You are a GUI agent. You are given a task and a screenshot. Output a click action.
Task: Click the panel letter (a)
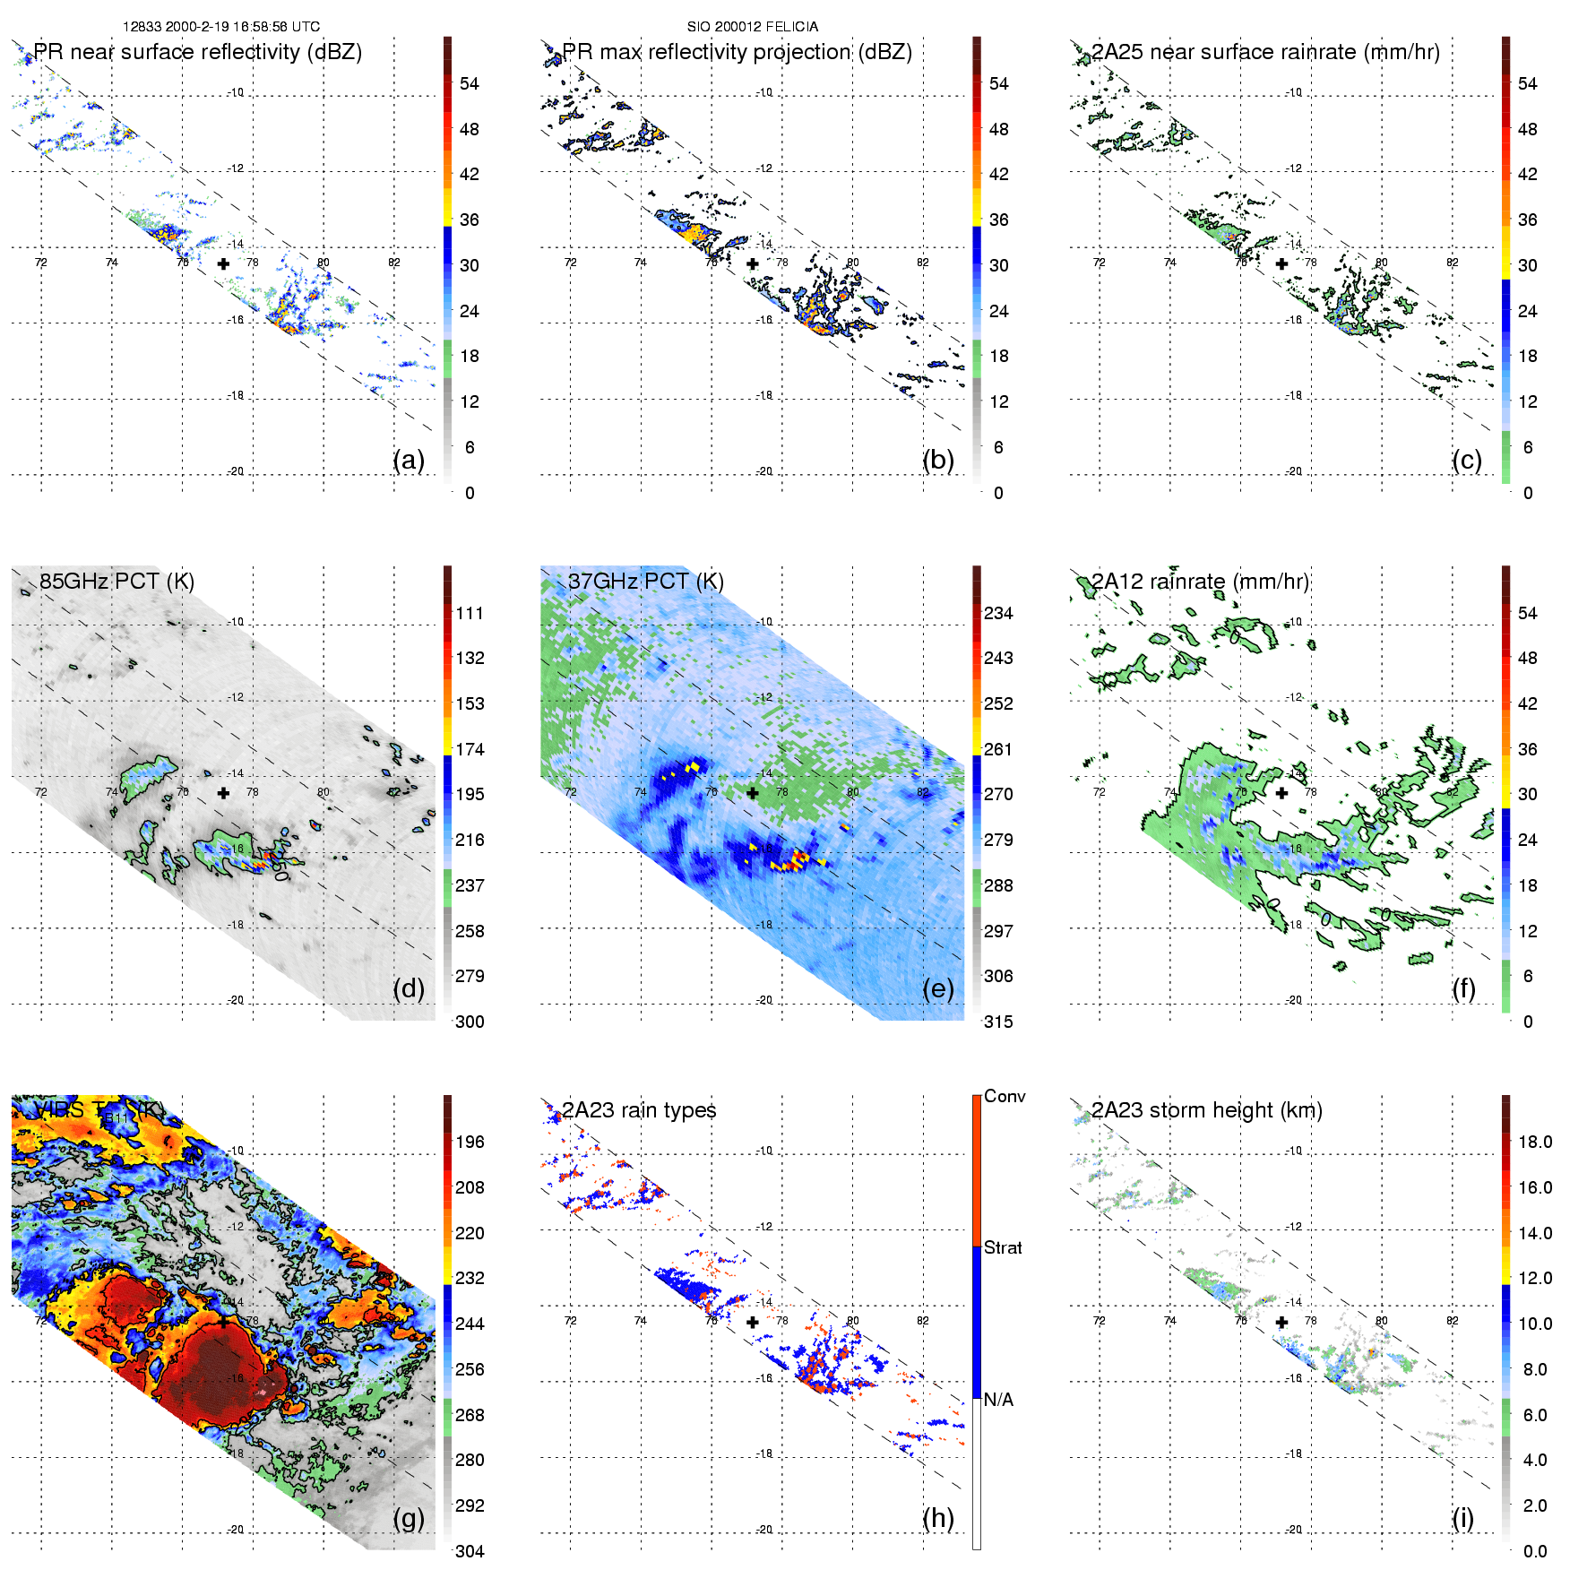click(x=409, y=460)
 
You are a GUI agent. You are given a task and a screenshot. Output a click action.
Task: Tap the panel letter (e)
click(x=937, y=988)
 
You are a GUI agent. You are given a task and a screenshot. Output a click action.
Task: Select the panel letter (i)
click(x=1462, y=1518)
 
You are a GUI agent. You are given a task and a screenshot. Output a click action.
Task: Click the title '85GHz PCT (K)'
click(x=116, y=581)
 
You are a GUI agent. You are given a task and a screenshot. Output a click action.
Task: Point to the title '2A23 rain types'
click(x=639, y=1110)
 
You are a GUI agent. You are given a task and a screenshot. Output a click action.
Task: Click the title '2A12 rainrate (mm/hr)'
click(x=1200, y=581)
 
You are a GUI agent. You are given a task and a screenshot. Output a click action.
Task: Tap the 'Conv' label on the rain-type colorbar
click(x=1005, y=1096)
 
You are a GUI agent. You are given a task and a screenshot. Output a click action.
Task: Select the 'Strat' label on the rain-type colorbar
click(x=1003, y=1247)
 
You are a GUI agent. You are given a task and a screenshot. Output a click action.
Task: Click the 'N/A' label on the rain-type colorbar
click(x=998, y=1400)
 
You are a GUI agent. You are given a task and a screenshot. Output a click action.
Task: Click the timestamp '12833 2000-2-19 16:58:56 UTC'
click(x=221, y=26)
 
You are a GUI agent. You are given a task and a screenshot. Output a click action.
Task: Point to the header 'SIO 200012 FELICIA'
click(x=753, y=26)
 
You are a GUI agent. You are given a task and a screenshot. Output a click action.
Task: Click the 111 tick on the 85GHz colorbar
click(x=470, y=613)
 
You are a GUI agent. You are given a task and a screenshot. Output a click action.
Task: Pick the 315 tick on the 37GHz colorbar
click(x=998, y=1022)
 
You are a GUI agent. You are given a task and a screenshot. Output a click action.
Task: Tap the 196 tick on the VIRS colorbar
click(x=470, y=1142)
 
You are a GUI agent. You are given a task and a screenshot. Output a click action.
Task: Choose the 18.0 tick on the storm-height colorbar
click(x=1535, y=1142)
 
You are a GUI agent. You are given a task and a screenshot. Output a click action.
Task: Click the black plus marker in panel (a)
click(x=223, y=263)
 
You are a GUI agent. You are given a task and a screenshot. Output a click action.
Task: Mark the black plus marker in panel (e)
click(x=753, y=792)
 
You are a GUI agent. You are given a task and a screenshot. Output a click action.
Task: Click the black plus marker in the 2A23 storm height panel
click(x=1281, y=1322)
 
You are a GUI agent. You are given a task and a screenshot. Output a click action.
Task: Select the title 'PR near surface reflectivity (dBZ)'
click(x=197, y=52)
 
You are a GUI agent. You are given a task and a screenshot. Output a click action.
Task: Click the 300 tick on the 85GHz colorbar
click(x=470, y=1022)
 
